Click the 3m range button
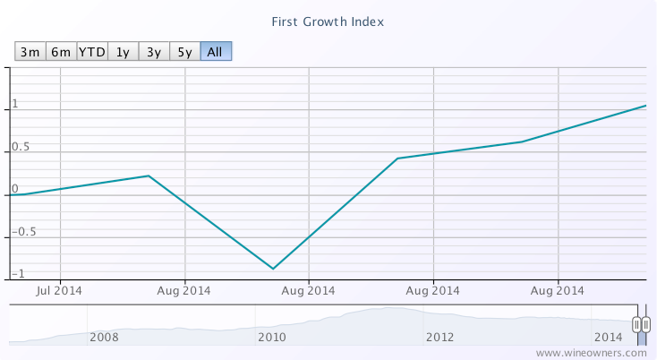pyautogui.click(x=30, y=51)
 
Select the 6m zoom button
pyautogui.click(x=61, y=51)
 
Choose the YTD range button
pyautogui.click(x=92, y=51)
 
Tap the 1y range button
pyautogui.click(x=124, y=51)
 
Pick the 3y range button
pyautogui.click(x=154, y=51)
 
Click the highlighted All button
pyautogui.click(x=215, y=51)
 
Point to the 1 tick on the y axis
pyautogui.click(x=15, y=104)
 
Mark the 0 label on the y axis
pyautogui.click(x=15, y=189)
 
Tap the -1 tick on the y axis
pyautogui.click(x=18, y=273)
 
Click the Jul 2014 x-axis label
pyautogui.click(x=60, y=290)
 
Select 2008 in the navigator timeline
pyautogui.click(x=105, y=337)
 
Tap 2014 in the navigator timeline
pyautogui.click(x=608, y=337)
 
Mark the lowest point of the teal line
pyautogui.click(x=272, y=269)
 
